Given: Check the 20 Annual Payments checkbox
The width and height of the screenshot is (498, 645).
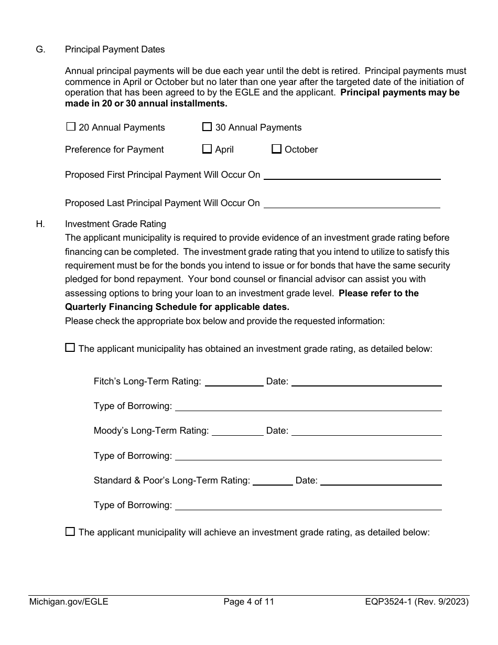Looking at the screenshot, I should (71, 127).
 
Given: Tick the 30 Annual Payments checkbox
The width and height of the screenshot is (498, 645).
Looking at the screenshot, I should (207, 127).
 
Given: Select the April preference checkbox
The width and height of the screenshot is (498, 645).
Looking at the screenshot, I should (207, 149).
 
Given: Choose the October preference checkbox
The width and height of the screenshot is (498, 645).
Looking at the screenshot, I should (276, 149).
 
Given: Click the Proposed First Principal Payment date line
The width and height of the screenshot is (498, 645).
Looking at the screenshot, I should (352, 175).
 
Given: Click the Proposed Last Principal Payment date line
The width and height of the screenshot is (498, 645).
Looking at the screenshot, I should (352, 203).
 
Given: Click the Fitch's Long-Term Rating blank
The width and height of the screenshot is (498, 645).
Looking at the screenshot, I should (234, 382).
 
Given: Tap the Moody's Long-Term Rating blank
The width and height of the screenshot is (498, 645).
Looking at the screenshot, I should (237, 431).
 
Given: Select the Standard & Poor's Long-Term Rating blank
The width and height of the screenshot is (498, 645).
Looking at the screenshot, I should (273, 481).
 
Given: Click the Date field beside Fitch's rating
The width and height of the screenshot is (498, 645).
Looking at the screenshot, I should (366, 382).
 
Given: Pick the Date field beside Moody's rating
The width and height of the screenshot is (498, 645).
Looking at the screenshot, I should (366, 431).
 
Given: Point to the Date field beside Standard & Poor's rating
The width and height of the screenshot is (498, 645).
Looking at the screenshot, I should (381, 481).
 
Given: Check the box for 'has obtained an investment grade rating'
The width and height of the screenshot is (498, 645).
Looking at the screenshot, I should (70, 348).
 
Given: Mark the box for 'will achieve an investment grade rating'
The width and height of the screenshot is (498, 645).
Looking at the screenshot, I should (70, 532).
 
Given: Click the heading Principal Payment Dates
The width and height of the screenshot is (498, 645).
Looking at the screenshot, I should (115, 49).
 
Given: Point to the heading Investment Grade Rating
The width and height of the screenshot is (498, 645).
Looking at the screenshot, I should (115, 224).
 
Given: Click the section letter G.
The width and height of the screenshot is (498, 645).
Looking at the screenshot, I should (40, 49).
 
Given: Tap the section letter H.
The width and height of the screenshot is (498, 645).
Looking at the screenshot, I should (40, 224).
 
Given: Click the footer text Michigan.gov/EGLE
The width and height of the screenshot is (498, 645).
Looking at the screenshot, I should (69, 602).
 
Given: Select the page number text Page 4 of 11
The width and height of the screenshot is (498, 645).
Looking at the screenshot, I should (248, 602).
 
